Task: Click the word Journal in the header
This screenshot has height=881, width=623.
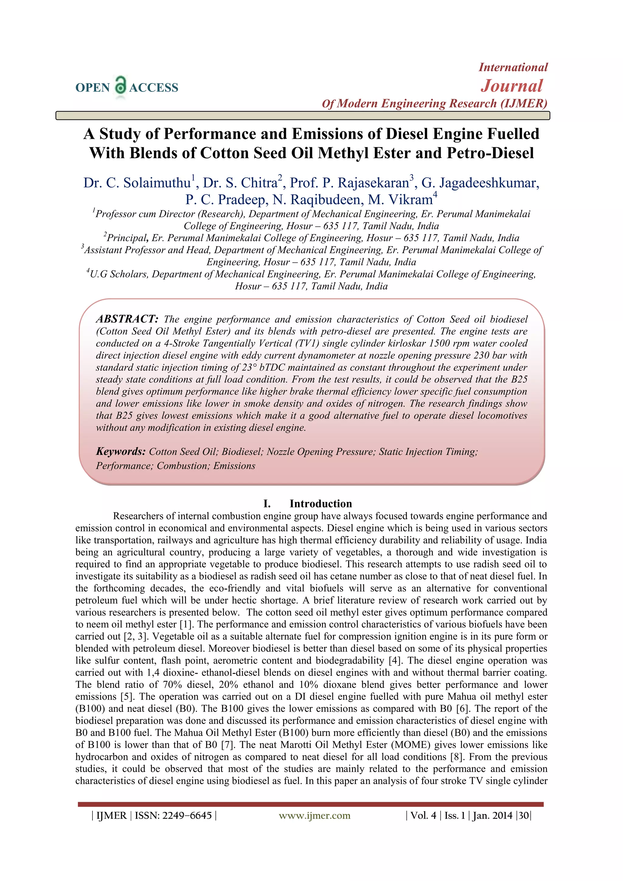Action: point(512,86)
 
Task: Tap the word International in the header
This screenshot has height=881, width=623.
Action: point(513,68)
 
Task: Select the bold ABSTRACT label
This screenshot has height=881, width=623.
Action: point(127,319)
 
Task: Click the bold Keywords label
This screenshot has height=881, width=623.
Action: point(120,451)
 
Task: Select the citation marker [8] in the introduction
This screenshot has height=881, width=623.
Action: point(457,757)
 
